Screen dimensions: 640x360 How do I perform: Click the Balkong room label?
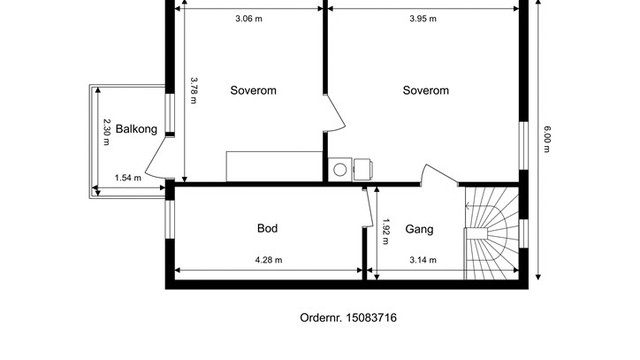click(x=136, y=129)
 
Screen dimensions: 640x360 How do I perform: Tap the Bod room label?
click(x=267, y=228)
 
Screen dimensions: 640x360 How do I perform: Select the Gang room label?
click(x=419, y=229)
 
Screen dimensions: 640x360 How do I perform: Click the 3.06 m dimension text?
click(x=249, y=19)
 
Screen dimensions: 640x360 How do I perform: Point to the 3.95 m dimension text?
click(x=423, y=19)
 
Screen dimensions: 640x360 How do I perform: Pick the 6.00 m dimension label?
click(x=547, y=139)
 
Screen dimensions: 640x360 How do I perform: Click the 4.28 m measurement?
click(x=269, y=260)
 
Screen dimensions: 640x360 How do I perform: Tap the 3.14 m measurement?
click(x=423, y=260)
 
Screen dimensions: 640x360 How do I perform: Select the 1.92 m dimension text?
click(x=385, y=232)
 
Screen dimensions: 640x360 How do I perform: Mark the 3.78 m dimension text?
click(x=194, y=91)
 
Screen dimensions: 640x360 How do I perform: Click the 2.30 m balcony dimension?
click(x=107, y=132)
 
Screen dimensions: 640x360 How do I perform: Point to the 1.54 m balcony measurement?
click(x=128, y=178)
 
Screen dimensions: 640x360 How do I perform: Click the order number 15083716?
click(x=371, y=318)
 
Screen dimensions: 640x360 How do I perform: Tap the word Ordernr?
click(x=321, y=318)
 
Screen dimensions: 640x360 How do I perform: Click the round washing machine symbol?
click(x=340, y=169)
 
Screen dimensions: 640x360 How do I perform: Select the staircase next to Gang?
click(x=492, y=233)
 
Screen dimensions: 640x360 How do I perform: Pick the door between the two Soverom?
click(x=335, y=113)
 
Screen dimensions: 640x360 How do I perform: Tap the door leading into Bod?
click(x=368, y=207)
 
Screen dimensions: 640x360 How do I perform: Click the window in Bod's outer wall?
click(x=170, y=219)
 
